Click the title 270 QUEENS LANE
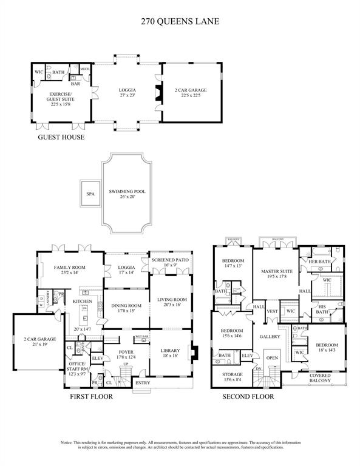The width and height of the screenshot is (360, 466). [x=180, y=21]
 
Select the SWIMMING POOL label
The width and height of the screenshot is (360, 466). [x=127, y=192]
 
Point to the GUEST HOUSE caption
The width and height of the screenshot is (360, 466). [x=61, y=138]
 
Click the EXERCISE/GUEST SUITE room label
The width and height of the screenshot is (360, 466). [x=61, y=96]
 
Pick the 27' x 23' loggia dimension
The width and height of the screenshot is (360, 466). [x=127, y=95]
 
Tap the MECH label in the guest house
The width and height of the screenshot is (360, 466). [x=86, y=69]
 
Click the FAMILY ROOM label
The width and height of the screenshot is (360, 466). [x=70, y=268]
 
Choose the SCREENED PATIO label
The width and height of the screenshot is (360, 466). [x=169, y=260]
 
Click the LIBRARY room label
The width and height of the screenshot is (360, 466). [x=171, y=350]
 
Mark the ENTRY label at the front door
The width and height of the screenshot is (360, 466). [x=143, y=382]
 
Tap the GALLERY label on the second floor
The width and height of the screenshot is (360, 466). [x=270, y=336]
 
